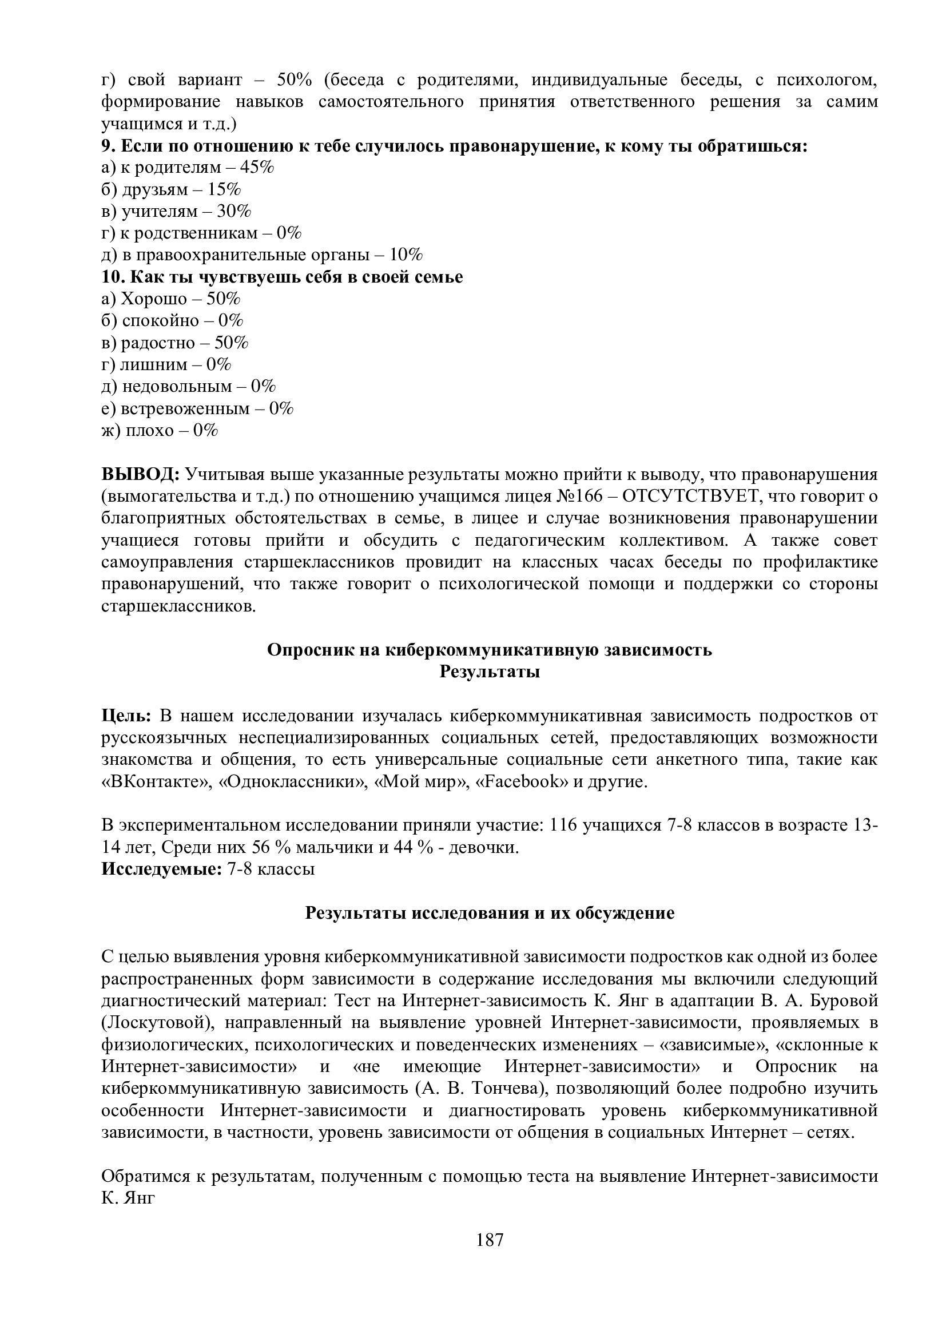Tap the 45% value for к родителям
point(257,168)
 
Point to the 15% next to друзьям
point(224,189)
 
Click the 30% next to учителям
point(234,212)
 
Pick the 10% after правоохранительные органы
point(406,255)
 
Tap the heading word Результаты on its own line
point(490,672)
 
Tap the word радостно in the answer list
point(157,343)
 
